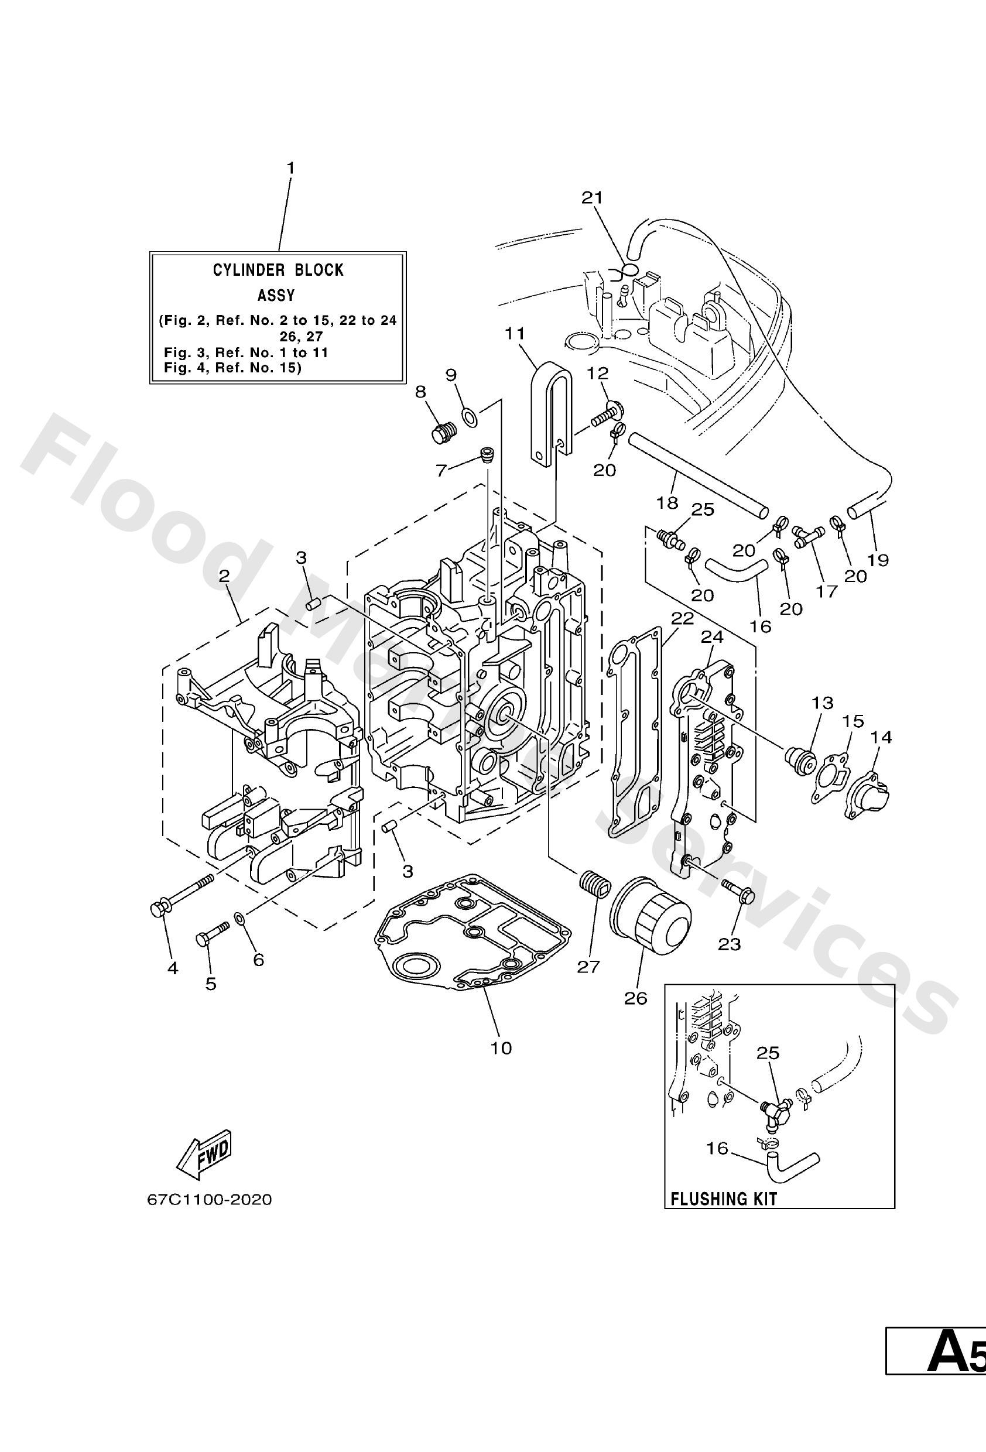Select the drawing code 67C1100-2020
click(210, 1200)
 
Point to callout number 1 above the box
click(290, 169)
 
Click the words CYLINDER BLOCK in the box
click(278, 270)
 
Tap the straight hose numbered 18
click(697, 475)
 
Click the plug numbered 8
click(444, 432)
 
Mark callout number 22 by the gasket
click(682, 618)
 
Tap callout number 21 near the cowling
click(593, 198)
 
